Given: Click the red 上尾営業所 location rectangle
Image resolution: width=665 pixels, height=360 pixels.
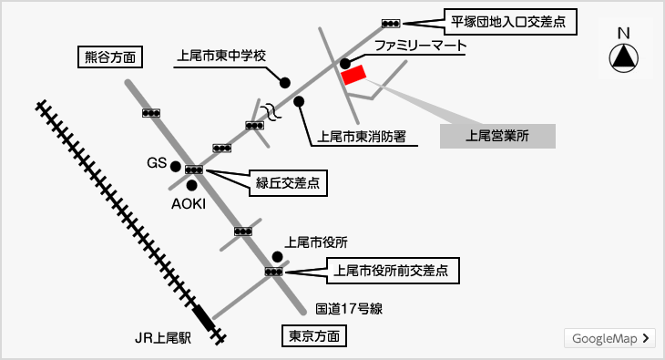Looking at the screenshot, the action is click(353, 75).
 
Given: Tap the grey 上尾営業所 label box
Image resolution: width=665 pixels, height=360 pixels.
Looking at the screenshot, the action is click(497, 137).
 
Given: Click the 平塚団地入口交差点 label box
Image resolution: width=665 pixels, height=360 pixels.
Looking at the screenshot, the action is click(511, 22).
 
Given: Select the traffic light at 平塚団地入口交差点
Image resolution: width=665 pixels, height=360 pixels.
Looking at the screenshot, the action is click(391, 24).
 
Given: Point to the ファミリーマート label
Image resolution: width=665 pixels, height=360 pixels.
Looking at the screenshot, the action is click(420, 46).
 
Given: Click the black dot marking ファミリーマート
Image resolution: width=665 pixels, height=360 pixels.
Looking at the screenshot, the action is click(345, 64).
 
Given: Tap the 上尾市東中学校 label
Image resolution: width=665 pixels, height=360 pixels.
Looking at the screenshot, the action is click(221, 56).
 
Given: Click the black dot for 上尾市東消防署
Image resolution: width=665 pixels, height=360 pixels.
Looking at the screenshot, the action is click(299, 101).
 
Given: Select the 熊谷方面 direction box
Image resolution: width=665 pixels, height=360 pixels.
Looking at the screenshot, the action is click(110, 57).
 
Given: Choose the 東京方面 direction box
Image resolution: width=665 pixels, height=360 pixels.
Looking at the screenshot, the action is click(314, 336).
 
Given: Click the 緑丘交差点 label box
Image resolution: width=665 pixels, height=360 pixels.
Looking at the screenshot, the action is click(288, 183).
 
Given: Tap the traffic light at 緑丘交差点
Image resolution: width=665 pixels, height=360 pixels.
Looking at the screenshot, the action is click(194, 170).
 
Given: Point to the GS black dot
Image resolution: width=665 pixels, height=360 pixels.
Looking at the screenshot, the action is click(175, 167).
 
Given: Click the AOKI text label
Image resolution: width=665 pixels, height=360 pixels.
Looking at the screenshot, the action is click(189, 204).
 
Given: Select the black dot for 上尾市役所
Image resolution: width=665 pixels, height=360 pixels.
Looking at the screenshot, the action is click(277, 257).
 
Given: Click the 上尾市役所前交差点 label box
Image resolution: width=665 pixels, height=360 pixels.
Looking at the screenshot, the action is click(394, 271).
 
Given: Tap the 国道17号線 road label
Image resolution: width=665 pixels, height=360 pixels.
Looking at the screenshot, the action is click(349, 309).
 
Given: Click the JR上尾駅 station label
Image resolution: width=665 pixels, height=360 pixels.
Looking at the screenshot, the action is click(163, 338).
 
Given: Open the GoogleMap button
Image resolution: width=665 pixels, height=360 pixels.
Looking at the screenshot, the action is click(609, 338).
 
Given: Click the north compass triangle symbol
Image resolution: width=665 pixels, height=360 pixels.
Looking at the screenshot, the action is click(623, 58).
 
